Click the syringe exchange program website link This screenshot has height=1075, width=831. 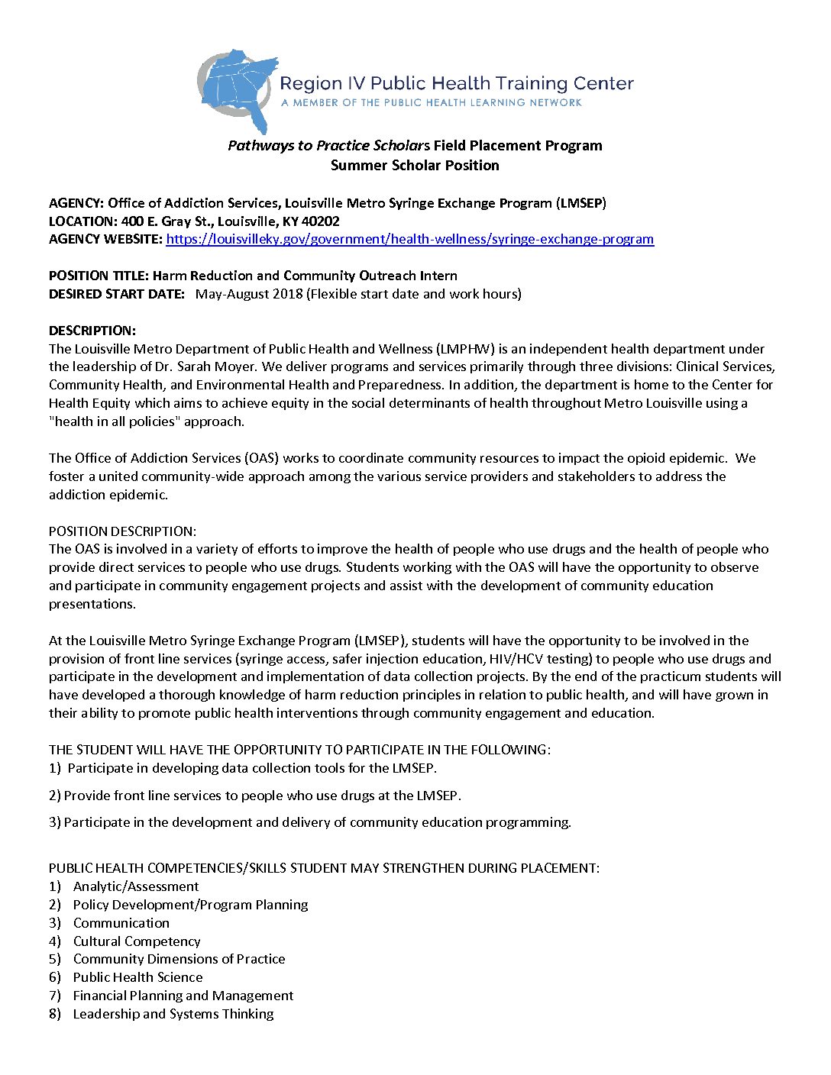tap(409, 239)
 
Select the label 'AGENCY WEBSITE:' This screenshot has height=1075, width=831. tap(105, 239)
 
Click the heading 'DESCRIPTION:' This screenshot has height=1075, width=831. tap(92, 331)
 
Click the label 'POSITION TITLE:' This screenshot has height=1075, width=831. tap(99, 276)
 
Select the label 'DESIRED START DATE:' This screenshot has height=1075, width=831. tap(117, 294)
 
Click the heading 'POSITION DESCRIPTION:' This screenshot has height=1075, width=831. tap(122, 531)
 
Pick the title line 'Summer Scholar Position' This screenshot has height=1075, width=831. tap(415, 165)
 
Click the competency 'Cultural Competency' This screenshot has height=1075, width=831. tap(137, 941)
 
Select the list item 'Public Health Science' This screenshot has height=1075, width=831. tap(137, 977)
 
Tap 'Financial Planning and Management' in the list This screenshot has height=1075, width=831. tap(183, 996)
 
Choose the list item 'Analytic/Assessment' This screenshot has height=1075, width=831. tap(136, 886)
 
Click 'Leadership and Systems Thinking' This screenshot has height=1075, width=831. tap(173, 1014)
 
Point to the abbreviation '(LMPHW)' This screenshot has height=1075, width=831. tap(467, 349)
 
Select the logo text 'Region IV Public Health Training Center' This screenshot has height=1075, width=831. tap(457, 83)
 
